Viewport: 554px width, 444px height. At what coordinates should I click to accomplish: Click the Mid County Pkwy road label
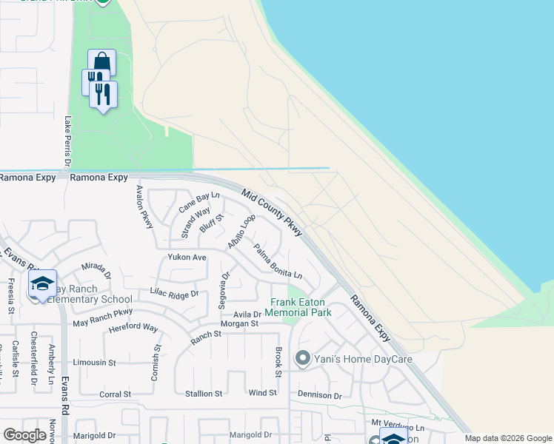(272, 212)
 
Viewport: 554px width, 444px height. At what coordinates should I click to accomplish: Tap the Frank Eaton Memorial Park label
(300, 307)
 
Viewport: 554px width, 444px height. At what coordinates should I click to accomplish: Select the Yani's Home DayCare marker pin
(302, 360)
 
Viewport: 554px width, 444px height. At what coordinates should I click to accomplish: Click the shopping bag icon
(101, 62)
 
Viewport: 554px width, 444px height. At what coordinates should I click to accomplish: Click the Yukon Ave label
(187, 258)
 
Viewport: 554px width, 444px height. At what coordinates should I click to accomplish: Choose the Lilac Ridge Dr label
(175, 293)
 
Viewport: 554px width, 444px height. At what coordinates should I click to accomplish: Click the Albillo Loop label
(242, 231)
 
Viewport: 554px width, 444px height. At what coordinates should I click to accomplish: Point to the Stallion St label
(203, 394)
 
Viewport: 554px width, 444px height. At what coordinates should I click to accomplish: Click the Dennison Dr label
(320, 396)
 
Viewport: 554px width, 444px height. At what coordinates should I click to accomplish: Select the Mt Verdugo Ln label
(398, 428)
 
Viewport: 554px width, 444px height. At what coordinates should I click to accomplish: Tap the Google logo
(24, 435)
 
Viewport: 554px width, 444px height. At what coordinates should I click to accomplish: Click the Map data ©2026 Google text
(507, 438)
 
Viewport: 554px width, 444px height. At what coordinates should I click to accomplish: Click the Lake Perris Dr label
(67, 141)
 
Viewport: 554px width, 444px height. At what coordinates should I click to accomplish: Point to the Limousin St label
(95, 363)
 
